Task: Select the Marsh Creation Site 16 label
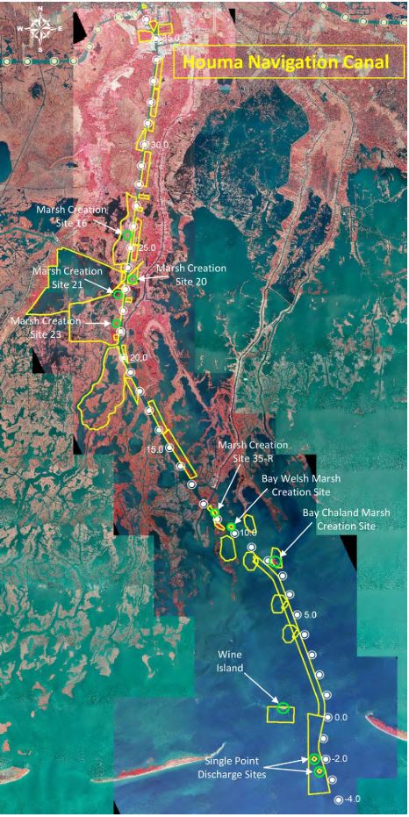tap(71, 217)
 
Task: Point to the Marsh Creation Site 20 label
tap(191, 274)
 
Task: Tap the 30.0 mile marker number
tap(159, 144)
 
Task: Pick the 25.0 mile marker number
tap(146, 247)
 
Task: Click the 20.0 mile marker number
tap(139, 357)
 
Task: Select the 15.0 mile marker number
tap(154, 448)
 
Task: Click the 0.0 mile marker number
tap(341, 717)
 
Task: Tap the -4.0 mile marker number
tap(352, 799)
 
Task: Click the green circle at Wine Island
tap(283, 708)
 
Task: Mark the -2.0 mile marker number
tap(341, 758)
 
